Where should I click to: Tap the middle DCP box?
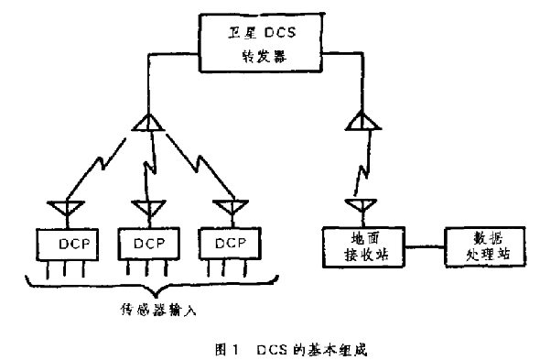pos(146,245)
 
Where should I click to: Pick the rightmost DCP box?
pos(226,244)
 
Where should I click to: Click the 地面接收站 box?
pos(363,245)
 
